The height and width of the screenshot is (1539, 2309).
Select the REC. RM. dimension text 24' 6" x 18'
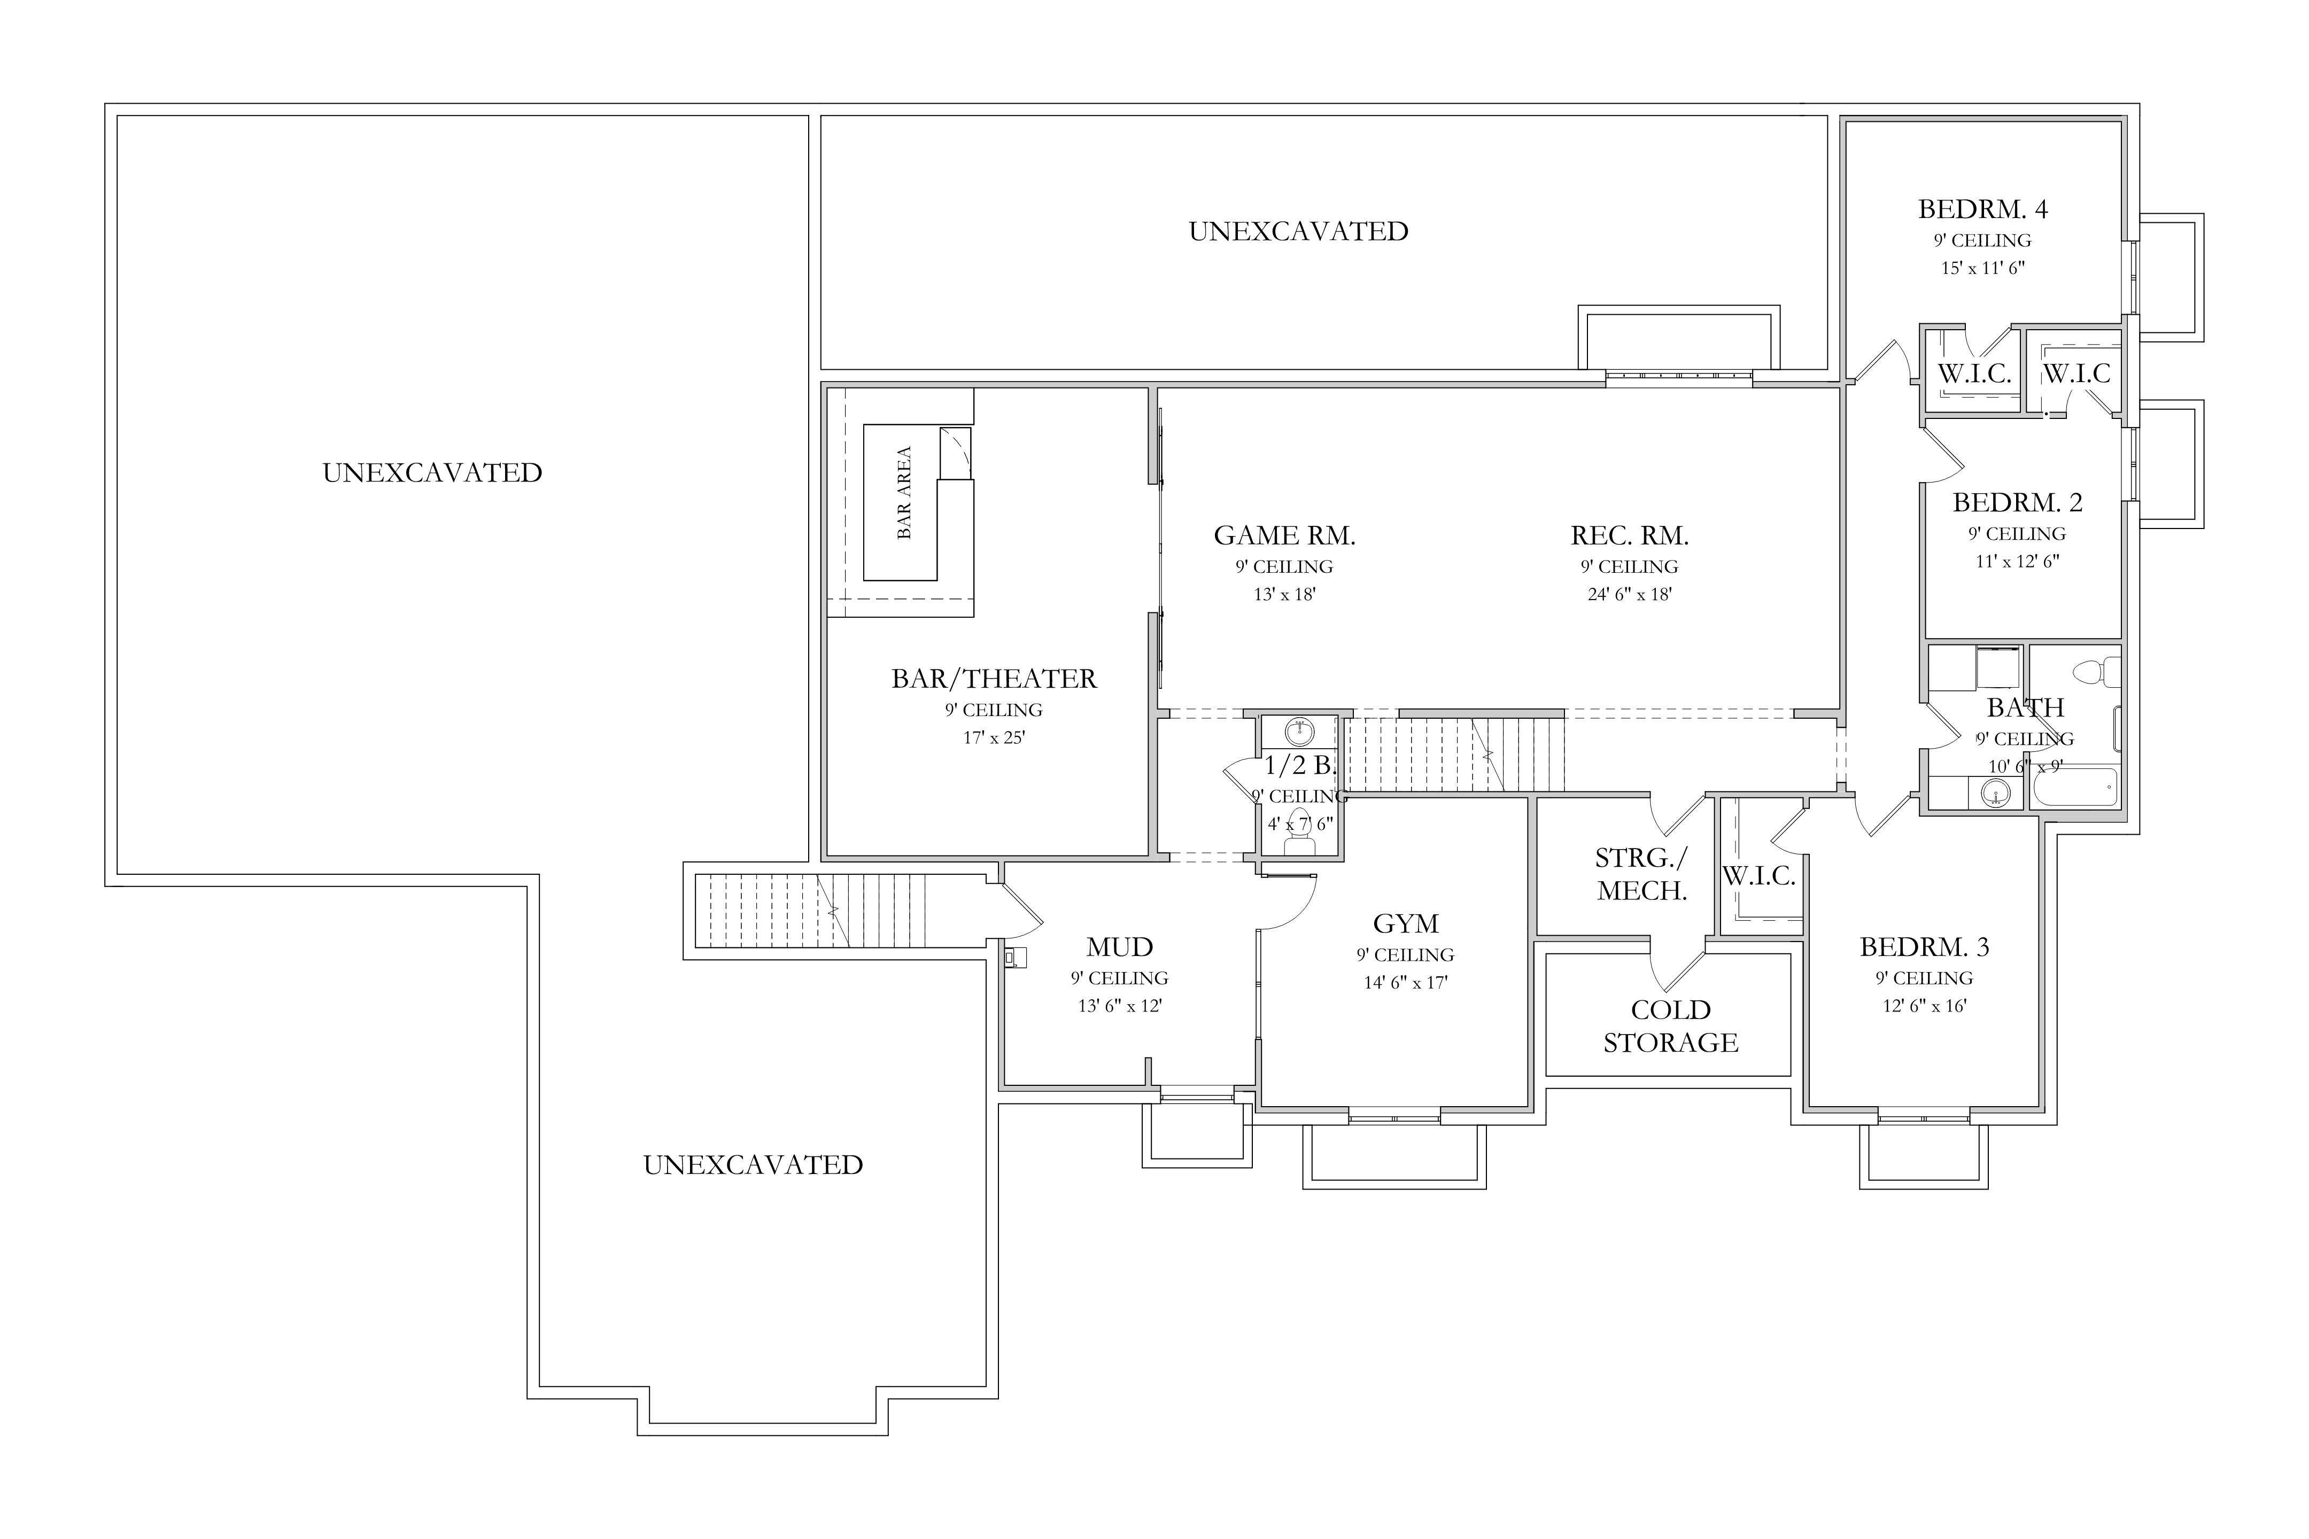tap(1630, 594)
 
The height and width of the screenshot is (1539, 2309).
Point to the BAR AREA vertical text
tap(904, 493)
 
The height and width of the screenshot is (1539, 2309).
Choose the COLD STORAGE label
tap(1671, 1025)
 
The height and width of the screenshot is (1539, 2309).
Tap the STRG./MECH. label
tap(1641, 874)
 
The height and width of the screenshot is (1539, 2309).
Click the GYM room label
tap(1406, 923)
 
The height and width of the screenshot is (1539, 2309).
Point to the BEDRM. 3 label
tap(1924, 947)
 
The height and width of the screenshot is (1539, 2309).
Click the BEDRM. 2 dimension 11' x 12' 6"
tap(2017, 562)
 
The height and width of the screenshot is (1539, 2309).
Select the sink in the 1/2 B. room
tap(1300, 732)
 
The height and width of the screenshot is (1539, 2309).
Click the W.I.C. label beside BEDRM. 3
tap(1759, 876)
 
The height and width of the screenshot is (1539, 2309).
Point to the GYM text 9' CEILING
tap(1406, 955)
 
